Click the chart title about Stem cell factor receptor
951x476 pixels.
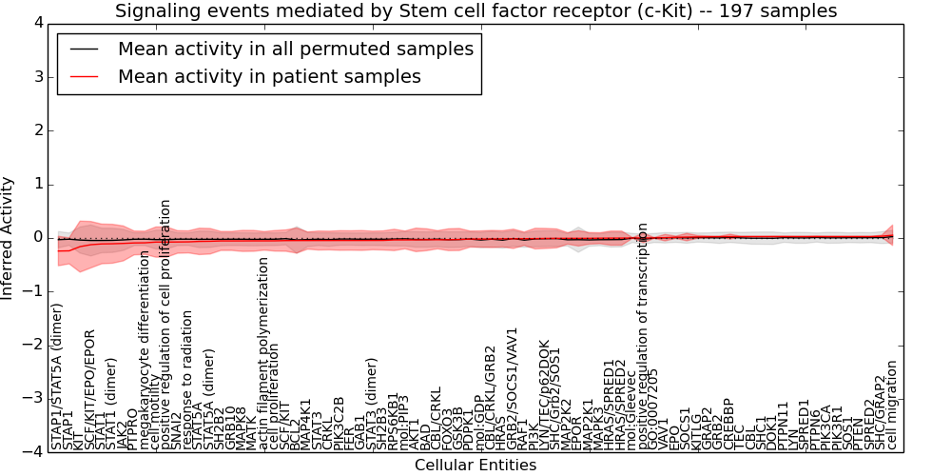(x=475, y=11)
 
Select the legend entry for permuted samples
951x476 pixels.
(x=295, y=49)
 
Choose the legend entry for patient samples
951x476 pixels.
(x=269, y=76)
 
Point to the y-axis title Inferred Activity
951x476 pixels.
(x=9, y=237)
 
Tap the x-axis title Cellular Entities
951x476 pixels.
(x=475, y=465)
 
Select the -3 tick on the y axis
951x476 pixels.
(x=33, y=399)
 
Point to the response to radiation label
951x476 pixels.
(x=188, y=381)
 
